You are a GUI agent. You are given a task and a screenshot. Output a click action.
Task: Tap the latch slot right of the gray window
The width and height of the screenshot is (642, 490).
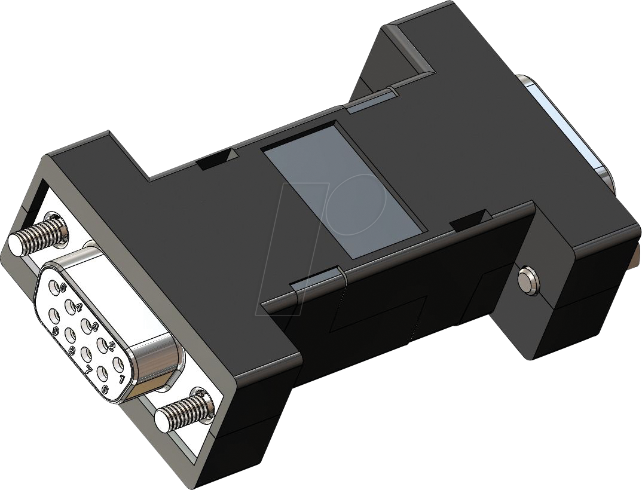click(470, 222)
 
